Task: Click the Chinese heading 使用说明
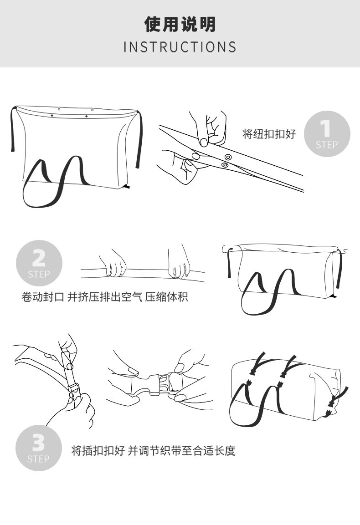180,25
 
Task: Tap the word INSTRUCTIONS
180,47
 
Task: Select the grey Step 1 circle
327,134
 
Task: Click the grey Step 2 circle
39,264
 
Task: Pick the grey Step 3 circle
39,448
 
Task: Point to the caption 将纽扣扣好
269,134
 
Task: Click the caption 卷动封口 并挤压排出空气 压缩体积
104,297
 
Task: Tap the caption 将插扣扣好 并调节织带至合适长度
154,450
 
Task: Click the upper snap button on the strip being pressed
228,157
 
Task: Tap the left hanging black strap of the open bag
13,129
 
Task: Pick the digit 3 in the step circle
39,443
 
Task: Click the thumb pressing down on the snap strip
203,141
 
